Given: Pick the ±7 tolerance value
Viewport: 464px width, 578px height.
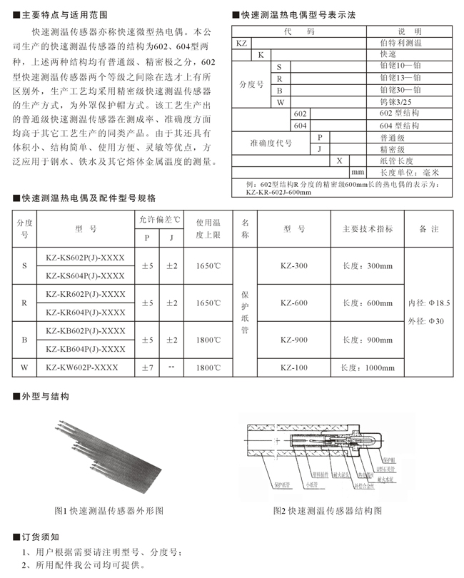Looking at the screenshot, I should tap(147, 368).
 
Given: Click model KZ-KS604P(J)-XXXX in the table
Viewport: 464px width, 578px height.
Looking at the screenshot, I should tap(85, 276).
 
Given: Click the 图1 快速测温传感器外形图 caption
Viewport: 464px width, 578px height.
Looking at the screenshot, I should tap(109, 511).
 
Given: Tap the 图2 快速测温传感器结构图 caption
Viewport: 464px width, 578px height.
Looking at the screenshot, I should tap(328, 511).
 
